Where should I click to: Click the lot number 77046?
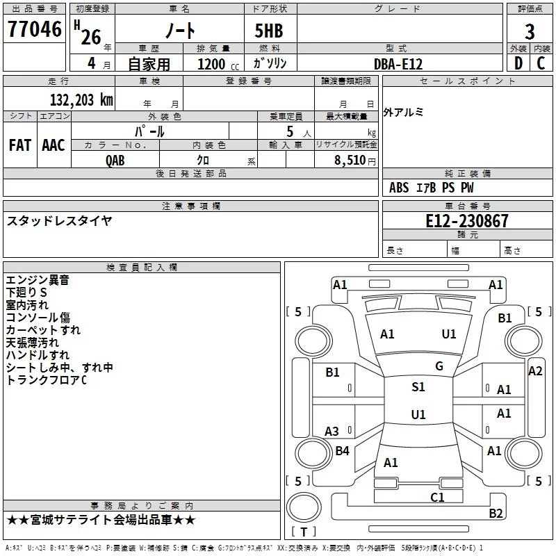[x=33, y=31]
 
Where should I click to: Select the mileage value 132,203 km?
[x=81, y=99]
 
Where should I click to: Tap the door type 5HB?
[x=264, y=31]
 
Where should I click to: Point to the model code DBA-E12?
[x=398, y=64]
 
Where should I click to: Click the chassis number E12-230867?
[x=467, y=221]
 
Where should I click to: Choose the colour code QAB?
[x=115, y=160]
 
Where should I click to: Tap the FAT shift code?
[x=19, y=145]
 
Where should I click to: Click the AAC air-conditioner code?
[x=54, y=145]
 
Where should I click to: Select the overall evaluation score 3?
[x=530, y=32]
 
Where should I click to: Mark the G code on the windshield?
[x=439, y=366]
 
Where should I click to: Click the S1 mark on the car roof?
[x=418, y=387]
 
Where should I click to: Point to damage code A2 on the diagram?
[x=535, y=371]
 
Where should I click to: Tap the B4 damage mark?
[x=342, y=451]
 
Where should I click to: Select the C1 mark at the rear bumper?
[x=437, y=497]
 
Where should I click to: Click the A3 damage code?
[x=332, y=432]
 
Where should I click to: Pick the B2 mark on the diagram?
[x=496, y=514]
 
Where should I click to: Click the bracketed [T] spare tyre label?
[x=303, y=532]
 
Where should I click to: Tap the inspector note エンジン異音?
[x=38, y=280]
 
